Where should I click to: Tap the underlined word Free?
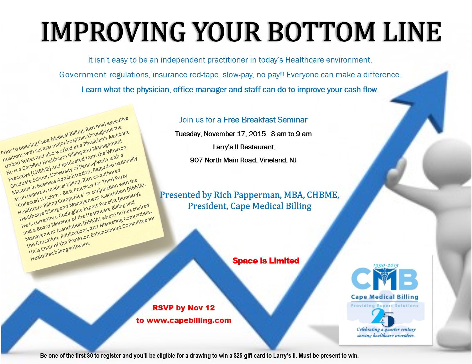point(231,120)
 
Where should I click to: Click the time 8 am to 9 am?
point(291,134)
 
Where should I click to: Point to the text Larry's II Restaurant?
point(244,147)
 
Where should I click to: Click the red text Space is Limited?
point(266,261)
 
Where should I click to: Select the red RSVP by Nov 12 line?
point(184,308)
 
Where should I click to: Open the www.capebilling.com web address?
point(189,320)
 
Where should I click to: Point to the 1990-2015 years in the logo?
point(386,265)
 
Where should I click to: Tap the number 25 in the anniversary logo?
point(382,317)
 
